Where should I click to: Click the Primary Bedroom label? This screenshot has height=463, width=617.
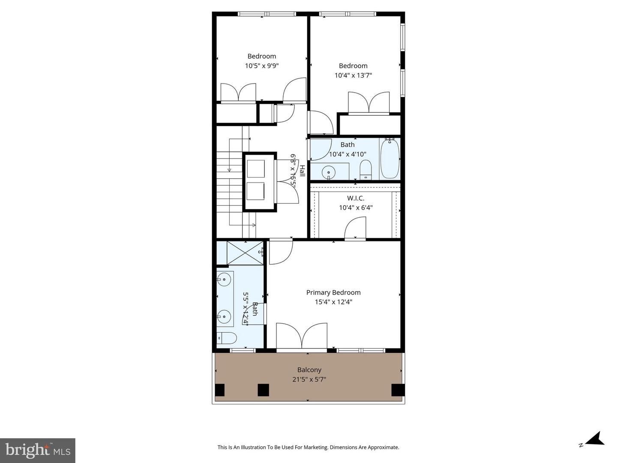tap(333, 292)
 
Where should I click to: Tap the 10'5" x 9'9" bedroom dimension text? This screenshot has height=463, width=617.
tap(261, 66)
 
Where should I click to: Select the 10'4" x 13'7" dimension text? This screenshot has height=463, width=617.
tap(353, 75)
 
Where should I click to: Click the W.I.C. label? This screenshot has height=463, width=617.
tap(356, 198)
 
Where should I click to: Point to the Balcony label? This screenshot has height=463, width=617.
tap(309, 370)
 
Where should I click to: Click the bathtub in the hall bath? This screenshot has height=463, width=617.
tap(390, 158)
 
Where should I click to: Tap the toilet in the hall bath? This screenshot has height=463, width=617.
tap(365, 169)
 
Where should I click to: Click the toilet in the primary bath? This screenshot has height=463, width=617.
tap(226, 338)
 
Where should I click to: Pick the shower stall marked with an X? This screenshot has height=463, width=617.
tap(245, 253)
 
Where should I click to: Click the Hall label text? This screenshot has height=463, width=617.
tap(302, 171)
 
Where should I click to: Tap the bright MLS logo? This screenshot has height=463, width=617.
tap(38, 450)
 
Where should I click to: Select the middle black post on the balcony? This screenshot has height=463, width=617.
tap(263, 390)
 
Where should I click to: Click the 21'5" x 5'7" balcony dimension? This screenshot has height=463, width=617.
tap(309, 379)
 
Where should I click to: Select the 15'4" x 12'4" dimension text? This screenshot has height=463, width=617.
tap(333, 302)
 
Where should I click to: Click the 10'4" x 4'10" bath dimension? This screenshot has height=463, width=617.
tap(347, 154)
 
